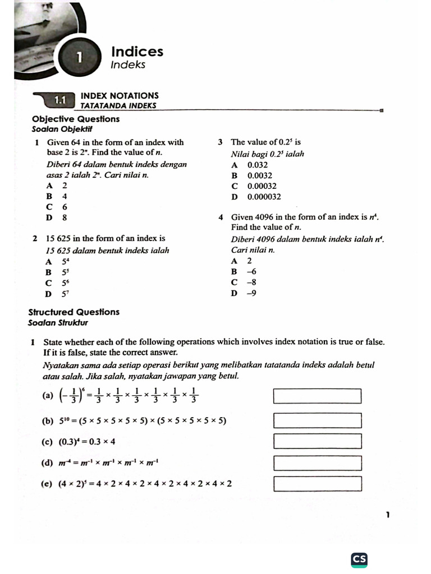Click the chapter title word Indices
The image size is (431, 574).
click(x=137, y=52)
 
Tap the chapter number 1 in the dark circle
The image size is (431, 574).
click(x=80, y=57)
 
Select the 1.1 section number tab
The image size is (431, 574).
click(x=60, y=100)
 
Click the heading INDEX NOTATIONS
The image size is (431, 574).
click(x=120, y=96)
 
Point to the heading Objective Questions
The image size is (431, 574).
click(x=76, y=119)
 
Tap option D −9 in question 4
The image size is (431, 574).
click(x=244, y=293)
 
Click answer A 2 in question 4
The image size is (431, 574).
click(x=242, y=261)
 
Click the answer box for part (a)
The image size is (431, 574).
click(x=317, y=396)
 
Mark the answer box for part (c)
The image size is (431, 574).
click(x=317, y=441)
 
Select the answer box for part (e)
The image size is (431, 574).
click(x=317, y=483)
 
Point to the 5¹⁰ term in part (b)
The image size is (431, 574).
click(x=66, y=420)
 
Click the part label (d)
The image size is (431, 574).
click(x=47, y=463)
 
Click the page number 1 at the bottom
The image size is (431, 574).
click(x=388, y=515)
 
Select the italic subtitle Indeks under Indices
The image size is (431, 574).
click(x=128, y=65)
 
